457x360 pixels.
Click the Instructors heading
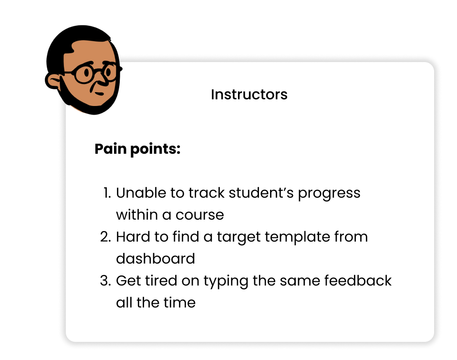click(249, 95)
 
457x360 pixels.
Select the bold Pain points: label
click(137, 149)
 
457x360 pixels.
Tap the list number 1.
click(107, 193)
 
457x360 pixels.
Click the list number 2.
click(105, 237)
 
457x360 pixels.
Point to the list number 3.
click(105, 281)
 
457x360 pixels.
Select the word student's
click(261, 193)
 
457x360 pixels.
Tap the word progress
click(329, 194)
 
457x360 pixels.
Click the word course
click(200, 215)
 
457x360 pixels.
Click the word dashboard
click(156, 258)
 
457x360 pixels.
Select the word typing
click(226, 282)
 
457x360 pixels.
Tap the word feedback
click(358, 281)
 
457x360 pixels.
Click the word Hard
click(133, 237)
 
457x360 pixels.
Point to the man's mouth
click(100, 94)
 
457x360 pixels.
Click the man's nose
click(102, 80)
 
